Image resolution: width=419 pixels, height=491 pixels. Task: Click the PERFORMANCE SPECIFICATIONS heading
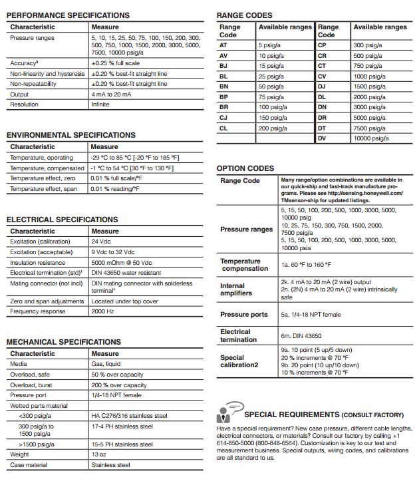coord(68,15)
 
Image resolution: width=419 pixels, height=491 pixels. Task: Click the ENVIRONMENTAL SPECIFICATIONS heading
coord(71,135)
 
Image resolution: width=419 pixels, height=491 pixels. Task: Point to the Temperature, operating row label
coord(41,158)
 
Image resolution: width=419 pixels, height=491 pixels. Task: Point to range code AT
coord(223,45)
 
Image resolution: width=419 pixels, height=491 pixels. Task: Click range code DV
coord(323,138)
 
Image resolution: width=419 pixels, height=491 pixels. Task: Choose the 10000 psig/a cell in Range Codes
coord(371,138)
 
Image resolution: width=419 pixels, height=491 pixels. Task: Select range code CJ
coord(223,117)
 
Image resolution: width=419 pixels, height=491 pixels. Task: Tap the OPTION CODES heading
coord(245,168)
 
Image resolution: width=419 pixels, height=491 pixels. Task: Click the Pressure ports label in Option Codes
coord(244,315)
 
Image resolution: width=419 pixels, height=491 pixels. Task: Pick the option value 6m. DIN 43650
coord(301,336)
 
